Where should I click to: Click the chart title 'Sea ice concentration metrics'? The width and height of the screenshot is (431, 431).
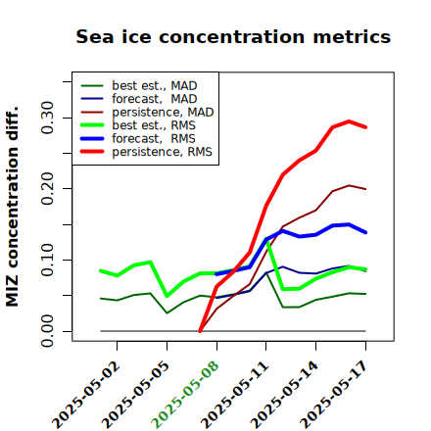click(x=233, y=37)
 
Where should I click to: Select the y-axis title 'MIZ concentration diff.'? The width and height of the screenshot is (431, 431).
click(x=12, y=207)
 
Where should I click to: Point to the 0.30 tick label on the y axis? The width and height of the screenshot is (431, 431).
click(x=47, y=118)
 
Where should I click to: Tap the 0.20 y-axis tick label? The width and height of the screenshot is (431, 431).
click(x=47, y=188)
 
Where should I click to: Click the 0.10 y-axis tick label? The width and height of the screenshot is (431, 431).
click(x=47, y=260)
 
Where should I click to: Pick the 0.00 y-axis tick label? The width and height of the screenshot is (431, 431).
click(x=47, y=331)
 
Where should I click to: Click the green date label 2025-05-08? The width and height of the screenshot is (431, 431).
click(x=184, y=395)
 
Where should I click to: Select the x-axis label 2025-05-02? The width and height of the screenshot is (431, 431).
click(x=85, y=395)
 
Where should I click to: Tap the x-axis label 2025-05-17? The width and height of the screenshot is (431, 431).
click(x=333, y=395)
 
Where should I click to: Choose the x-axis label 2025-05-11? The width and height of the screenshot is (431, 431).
click(x=234, y=395)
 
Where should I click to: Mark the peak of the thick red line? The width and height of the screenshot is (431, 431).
click(x=349, y=121)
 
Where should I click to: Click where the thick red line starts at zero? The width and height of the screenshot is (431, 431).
click(x=200, y=331)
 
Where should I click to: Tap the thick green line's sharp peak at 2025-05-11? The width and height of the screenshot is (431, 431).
click(x=266, y=239)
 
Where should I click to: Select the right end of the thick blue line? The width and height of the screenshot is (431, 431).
click(x=365, y=232)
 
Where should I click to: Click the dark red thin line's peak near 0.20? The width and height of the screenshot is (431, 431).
click(x=349, y=185)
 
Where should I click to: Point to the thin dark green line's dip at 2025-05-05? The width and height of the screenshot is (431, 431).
click(x=167, y=313)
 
